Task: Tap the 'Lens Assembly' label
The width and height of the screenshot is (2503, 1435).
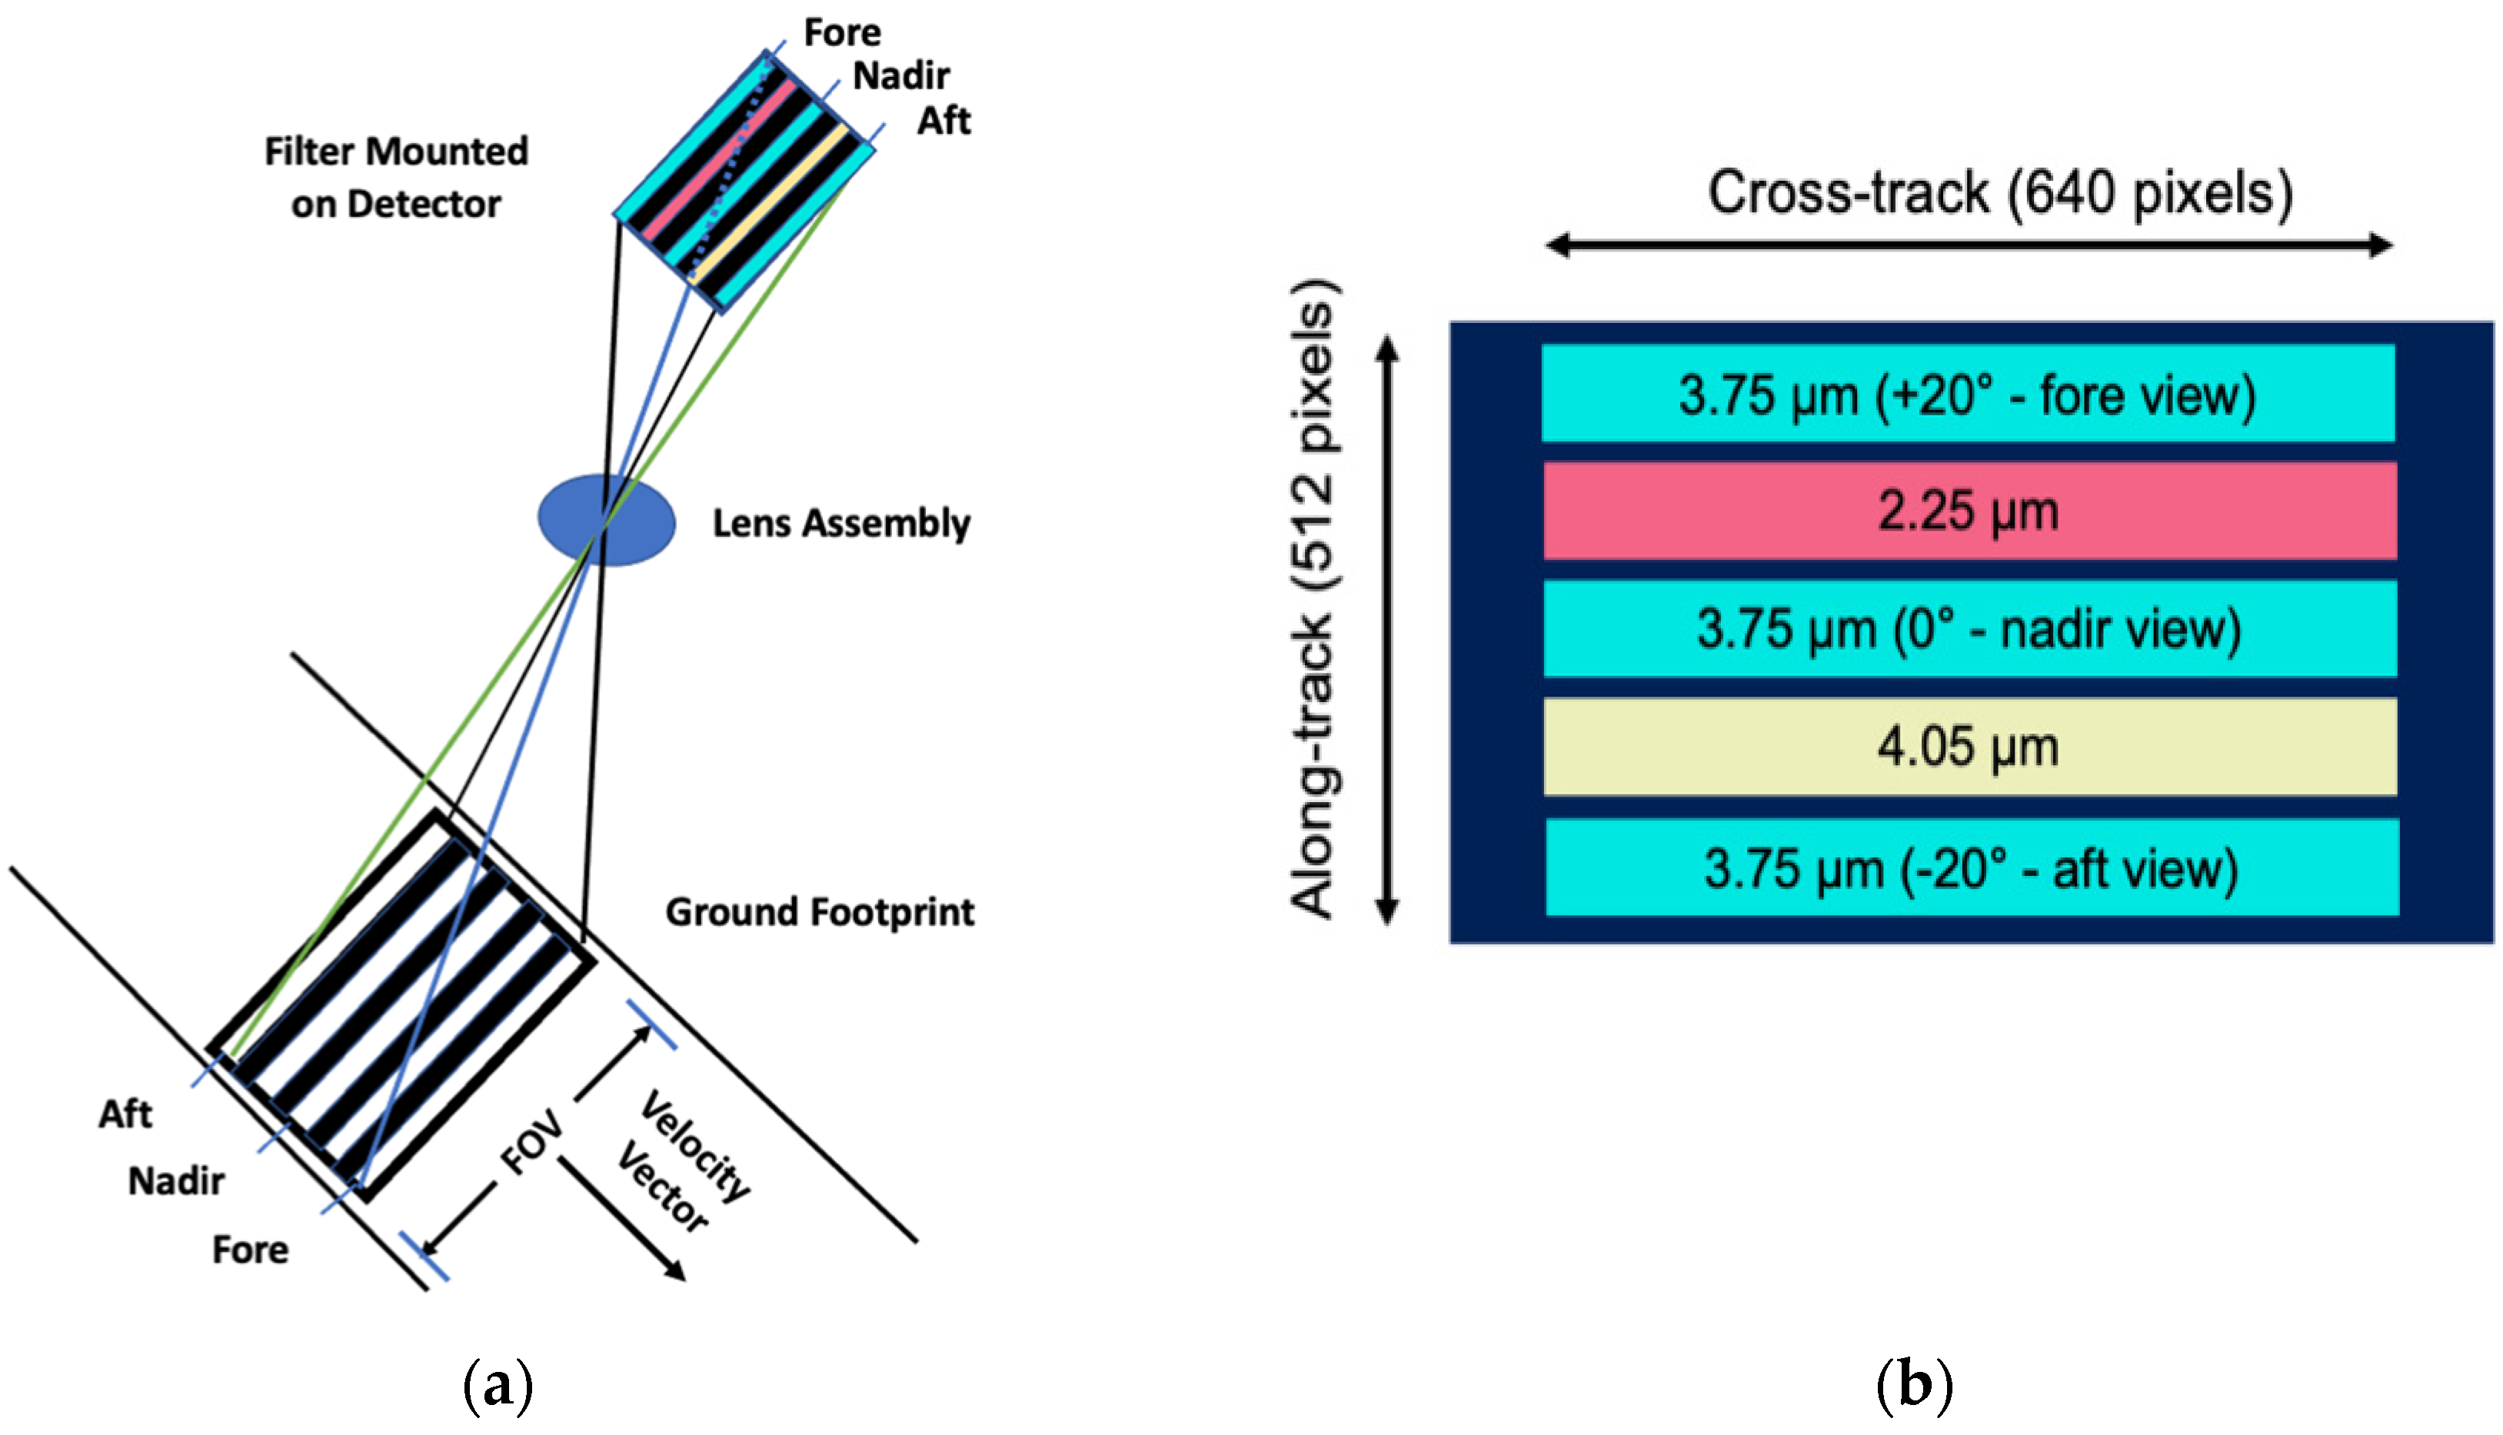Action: (840, 524)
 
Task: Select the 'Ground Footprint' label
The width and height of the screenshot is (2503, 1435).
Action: (819, 911)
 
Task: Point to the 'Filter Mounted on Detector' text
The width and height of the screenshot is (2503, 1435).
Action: (396, 178)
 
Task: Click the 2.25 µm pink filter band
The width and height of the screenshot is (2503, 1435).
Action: (1969, 511)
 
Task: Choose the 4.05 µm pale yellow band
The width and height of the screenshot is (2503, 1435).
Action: (1969, 747)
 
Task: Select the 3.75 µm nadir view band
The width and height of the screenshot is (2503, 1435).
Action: (1969, 629)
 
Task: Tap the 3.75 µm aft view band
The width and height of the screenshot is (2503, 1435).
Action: (1971, 867)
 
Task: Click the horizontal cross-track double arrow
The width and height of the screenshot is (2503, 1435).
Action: (1968, 245)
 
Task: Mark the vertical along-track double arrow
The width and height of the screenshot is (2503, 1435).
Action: (1386, 631)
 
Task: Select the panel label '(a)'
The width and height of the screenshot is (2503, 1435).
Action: (498, 1386)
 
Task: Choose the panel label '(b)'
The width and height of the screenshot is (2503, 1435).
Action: (1914, 1386)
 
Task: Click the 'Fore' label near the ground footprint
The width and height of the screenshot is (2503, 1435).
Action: (251, 1250)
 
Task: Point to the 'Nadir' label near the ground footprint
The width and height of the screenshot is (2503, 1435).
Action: (175, 1180)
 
